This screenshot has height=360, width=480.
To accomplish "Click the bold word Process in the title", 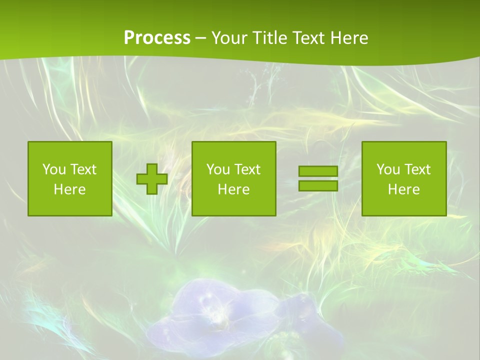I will click(x=157, y=38).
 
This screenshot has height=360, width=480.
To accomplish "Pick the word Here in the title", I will click(x=349, y=38).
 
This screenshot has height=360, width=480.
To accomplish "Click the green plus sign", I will click(x=152, y=179).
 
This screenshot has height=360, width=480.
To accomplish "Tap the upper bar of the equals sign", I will click(x=318, y=171).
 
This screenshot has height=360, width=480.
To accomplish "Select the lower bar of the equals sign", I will click(x=318, y=186).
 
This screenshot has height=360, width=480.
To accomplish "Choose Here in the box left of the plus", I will click(x=69, y=189).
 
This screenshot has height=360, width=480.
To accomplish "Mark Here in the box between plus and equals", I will click(x=233, y=189).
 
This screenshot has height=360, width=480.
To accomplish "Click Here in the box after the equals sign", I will click(x=403, y=189).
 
